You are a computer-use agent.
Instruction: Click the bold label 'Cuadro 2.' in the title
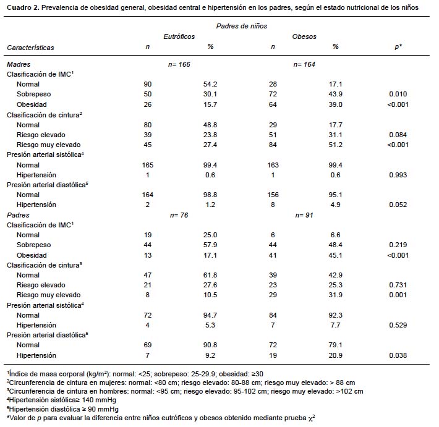coord(23,7)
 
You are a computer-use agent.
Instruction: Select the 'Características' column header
coord(30,47)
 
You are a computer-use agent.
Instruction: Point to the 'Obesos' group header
coord(304,36)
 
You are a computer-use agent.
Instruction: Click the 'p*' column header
coord(399,47)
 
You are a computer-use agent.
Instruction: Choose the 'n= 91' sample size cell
coord(305,215)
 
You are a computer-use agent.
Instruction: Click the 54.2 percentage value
coord(210,84)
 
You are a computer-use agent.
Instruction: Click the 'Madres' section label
coord(19,64)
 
